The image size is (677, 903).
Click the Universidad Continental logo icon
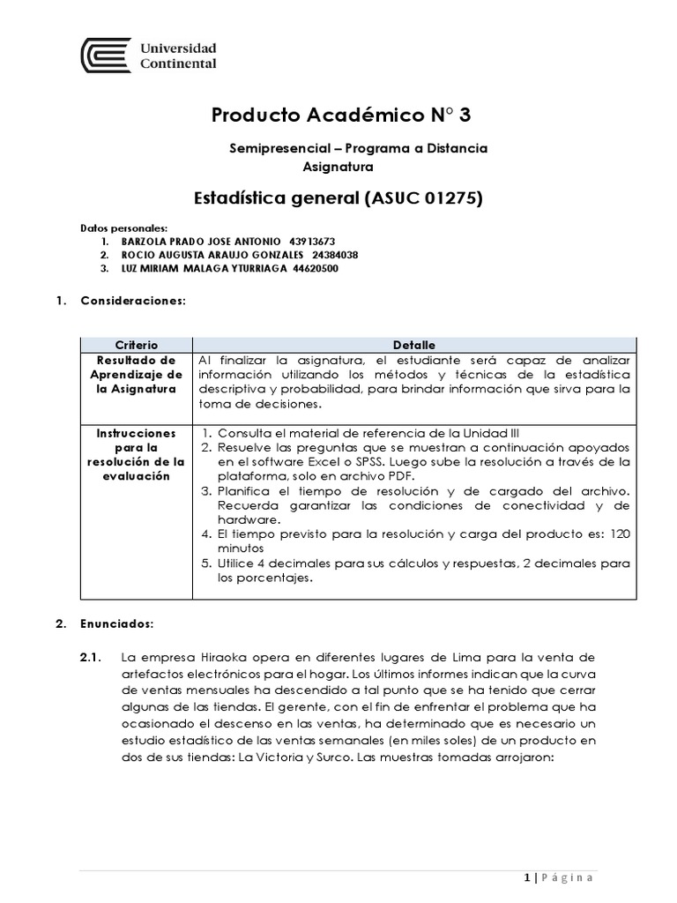coord(106,55)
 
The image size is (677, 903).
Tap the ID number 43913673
coord(312,241)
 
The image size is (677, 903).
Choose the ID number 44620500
coord(315,269)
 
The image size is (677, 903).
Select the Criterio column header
coord(136,345)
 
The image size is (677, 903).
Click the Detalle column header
coord(413,345)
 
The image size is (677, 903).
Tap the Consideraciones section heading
coord(133,301)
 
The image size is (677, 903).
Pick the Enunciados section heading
coord(117,623)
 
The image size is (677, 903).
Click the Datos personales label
coord(123,228)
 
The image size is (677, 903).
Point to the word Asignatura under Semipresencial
coord(338,166)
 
